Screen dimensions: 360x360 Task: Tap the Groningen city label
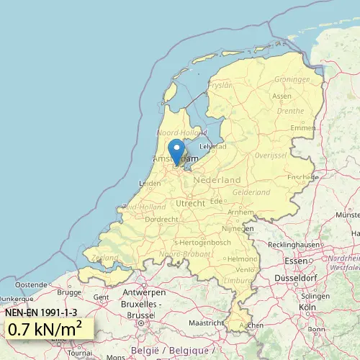point(292,79)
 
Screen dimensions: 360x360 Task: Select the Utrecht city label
point(191,204)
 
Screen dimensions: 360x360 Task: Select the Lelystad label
point(213,146)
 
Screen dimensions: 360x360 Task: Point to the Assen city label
point(282,96)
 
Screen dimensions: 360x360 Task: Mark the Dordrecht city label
point(161,219)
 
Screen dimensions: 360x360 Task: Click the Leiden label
point(150,184)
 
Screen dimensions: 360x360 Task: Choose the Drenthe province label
point(290,111)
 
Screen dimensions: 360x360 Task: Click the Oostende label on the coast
point(30,284)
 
